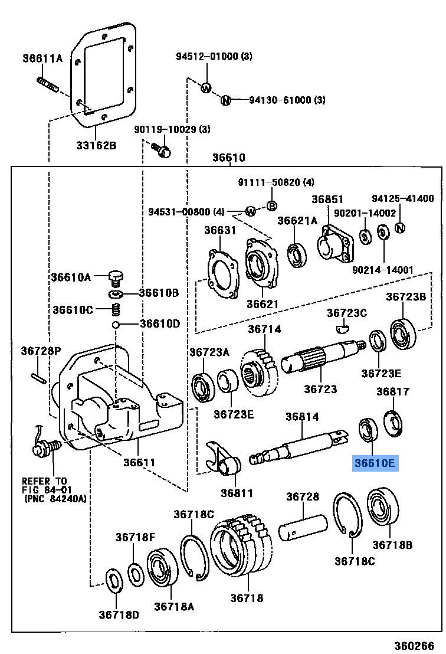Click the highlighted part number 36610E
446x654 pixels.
tap(375, 463)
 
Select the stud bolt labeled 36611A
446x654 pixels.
tap(48, 84)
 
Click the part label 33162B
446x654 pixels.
tap(96, 145)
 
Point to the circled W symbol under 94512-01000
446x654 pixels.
tap(206, 88)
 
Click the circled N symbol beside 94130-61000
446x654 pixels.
tap(225, 100)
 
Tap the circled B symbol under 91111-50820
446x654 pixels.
tap(272, 205)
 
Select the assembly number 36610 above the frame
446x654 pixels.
tap(228, 158)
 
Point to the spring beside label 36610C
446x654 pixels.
tap(117, 309)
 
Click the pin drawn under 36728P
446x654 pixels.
tap(37, 374)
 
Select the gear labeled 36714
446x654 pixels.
tap(260, 372)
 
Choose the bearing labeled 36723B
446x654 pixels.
tap(403, 332)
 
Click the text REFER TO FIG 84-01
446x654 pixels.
tap(45, 485)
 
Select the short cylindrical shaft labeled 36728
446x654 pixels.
tap(304, 527)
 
